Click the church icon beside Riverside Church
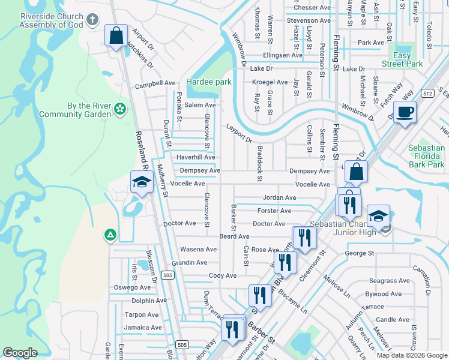point(92,20)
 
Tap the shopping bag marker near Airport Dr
point(116,35)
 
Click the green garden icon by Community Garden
point(121,109)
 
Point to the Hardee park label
point(208,82)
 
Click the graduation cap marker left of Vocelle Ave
point(142,183)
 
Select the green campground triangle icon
point(109,235)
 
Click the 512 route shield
point(427,93)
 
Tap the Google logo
point(20,353)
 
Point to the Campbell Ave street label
point(155,84)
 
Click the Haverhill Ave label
point(195,157)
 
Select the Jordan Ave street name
point(279,197)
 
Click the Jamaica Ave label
point(143,328)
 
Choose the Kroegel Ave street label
point(270,82)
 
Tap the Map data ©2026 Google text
point(411,355)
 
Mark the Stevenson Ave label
point(309,20)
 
